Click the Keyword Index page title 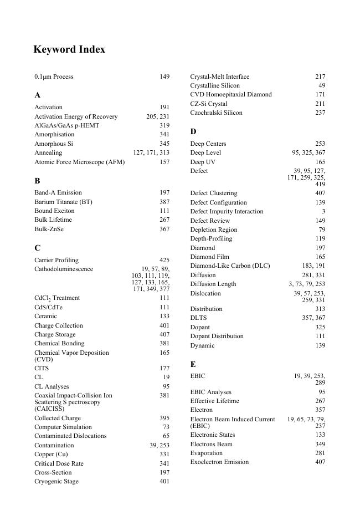point(69,49)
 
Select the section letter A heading point(37,95)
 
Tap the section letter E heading point(193,364)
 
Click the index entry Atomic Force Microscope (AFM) point(79,162)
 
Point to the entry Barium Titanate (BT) point(63,202)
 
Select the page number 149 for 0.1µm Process point(164,76)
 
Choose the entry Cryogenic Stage point(56,481)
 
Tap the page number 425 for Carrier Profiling point(164,260)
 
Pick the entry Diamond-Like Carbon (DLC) point(230,266)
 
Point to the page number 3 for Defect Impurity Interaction point(323,211)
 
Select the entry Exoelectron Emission point(219,462)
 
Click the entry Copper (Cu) point(51,454)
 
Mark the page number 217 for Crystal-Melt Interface point(320,76)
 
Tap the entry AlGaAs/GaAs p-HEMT point(66,125)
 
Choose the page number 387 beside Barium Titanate point(164,202)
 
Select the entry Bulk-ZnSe point(49,229)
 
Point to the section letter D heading point(193,131)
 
